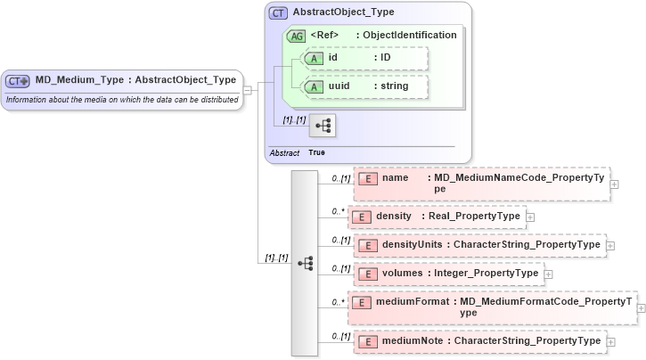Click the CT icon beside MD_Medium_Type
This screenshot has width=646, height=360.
point(18,80)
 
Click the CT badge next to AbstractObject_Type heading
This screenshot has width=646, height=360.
point(278,13)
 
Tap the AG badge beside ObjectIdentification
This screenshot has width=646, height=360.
point(295,36)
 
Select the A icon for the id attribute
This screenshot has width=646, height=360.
point(314,58)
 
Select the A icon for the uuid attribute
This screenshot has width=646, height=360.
point(314,86)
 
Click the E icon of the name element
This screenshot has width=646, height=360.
point(367,178)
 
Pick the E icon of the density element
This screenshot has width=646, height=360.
point(360,217)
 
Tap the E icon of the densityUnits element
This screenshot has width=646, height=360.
point(367,245)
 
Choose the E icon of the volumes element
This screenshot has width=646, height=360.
point(367,274)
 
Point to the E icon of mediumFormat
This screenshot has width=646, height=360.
point(361,302)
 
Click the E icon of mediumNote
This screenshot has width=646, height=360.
point(367,340)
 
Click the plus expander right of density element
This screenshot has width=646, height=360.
point(530,217)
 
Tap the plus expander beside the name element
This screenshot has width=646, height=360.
point(614,184)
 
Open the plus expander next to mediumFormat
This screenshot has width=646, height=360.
point(641,307)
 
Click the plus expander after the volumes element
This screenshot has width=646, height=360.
point(548,274)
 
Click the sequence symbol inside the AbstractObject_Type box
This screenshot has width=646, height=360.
point(322,126)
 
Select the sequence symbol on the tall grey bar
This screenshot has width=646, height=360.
point(305,263)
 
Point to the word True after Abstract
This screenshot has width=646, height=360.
point(316,152)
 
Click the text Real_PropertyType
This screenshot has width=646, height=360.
point(471,217)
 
